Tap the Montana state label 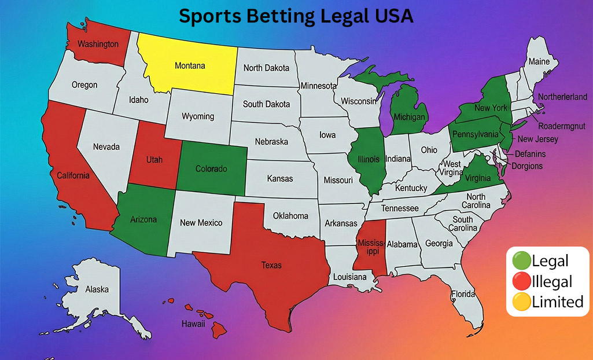(x=190, y=65)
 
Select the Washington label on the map (x=98, y=44)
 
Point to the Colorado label (x=211, y=169)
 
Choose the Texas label (x=271, y=265)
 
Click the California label (x=73, y=175)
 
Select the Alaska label (x=97, y=289)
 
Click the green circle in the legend (x=521, y=261)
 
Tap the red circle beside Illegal (x=521, y=281)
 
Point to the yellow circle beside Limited (x=521, y=302)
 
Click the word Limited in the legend (x=557, y=302)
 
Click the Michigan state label (x=410, y=117)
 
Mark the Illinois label (x=369, y=159)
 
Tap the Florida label (x=462, y=293)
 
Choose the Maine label (x=539, y=61)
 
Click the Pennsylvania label (x=475, y=134)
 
